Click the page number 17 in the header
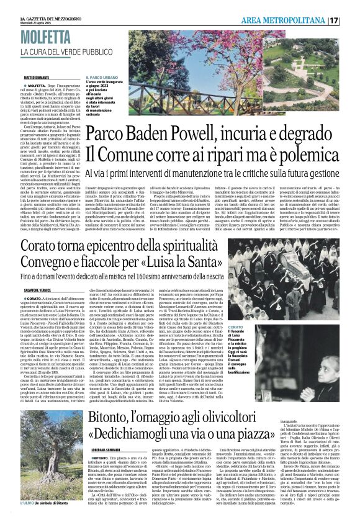pos(351,20)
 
